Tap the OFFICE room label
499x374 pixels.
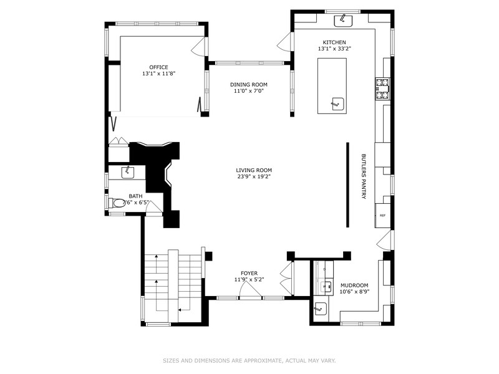point(158,67)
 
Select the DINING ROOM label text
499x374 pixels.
point(249,85)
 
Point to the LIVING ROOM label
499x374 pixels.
point(254,170)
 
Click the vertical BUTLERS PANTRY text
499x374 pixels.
point(364,177)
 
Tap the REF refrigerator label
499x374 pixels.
point(382,216)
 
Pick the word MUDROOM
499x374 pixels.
point(354,284)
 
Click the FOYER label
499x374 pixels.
point(249,274)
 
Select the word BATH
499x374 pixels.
point(135,196)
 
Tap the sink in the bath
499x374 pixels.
point(129,170)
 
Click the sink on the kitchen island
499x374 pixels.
point(337,103)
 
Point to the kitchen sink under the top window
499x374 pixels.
point(343,21)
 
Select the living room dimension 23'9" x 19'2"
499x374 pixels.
point(254,176)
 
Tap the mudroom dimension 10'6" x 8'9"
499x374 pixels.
point(354,291)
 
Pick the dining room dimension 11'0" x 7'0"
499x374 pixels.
point(249,91)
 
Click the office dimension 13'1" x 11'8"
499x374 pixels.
point(158,74)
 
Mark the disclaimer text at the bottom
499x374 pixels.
point(249,360)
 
